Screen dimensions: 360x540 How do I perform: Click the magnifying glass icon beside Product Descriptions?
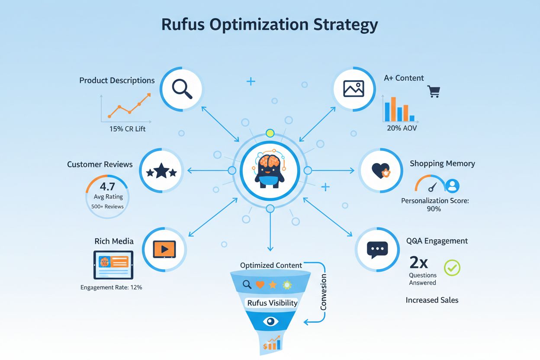pyautogui.click(x=182, y=88)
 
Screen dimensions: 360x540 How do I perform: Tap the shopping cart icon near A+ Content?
pyautogui.click(x=434, y=91)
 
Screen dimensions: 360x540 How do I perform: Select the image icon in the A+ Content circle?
pyautogui.click(x=354, y=88)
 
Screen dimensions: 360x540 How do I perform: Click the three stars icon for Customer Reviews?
pyautogui.click(x=161, y=171)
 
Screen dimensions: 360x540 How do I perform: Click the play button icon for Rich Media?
pyautogui.click(x=164, y=249)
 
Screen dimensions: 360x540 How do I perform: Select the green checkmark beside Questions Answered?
pyautogui.click(x=452, y=268)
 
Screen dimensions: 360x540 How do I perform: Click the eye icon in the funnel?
pyautogui.click(x=271, y=321)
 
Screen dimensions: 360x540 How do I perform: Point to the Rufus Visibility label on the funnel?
pyautogui.click(x=272, y=302)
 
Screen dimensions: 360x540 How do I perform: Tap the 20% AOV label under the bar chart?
pyautogui.click(x=402, y=128)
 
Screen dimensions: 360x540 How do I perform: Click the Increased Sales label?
pyautogui.click(x=432, y=300)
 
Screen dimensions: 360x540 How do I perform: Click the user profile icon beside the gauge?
pyautogui.click(x=452, y=186)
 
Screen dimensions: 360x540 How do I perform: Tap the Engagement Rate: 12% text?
pyautogui.click(x=111, y=287)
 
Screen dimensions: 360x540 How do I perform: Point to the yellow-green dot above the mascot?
pyautogui.click(x=270, y=133)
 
